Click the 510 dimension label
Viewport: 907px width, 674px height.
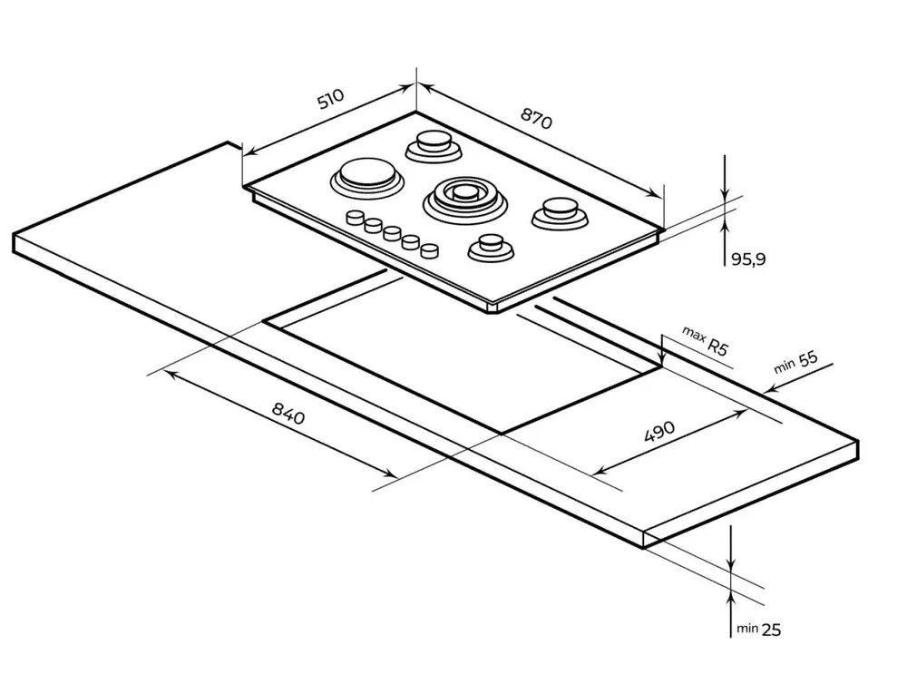click(330, 99)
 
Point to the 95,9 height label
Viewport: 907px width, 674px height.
click(748, 259)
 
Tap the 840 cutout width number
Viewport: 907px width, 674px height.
click(288, 415)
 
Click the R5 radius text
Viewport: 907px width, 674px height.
click(718, 347)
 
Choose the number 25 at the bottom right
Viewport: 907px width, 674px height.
click(772, 628)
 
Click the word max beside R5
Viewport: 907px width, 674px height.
click(695, 337)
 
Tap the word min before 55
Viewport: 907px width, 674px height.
click(785, 367)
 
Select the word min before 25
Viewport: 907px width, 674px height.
click(746, 628)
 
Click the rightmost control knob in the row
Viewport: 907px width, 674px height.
click(431, 248)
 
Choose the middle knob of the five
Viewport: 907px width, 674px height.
click(392, 232)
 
